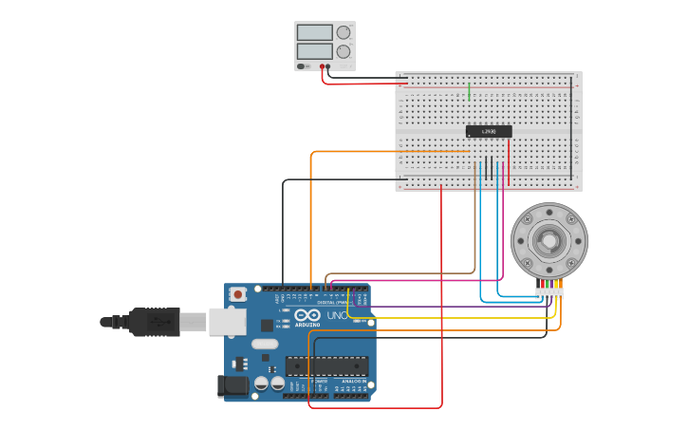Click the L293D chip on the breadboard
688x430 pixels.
point(489,131)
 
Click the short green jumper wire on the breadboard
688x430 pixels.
point(469,91)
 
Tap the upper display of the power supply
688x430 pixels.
point(314,32)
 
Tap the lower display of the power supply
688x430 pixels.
point(314,51)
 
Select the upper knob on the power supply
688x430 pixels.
point(344,32)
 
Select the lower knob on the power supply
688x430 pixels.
point(344,51)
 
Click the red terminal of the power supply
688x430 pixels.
point(323,66)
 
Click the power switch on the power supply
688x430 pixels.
point(303,65)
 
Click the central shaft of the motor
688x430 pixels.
point(549,239)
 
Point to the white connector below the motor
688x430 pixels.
point(549,294)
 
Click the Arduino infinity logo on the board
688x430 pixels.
point(307,315)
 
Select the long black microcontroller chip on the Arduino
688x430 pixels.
point(326,365)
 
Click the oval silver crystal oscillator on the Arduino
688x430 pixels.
point(265,345)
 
